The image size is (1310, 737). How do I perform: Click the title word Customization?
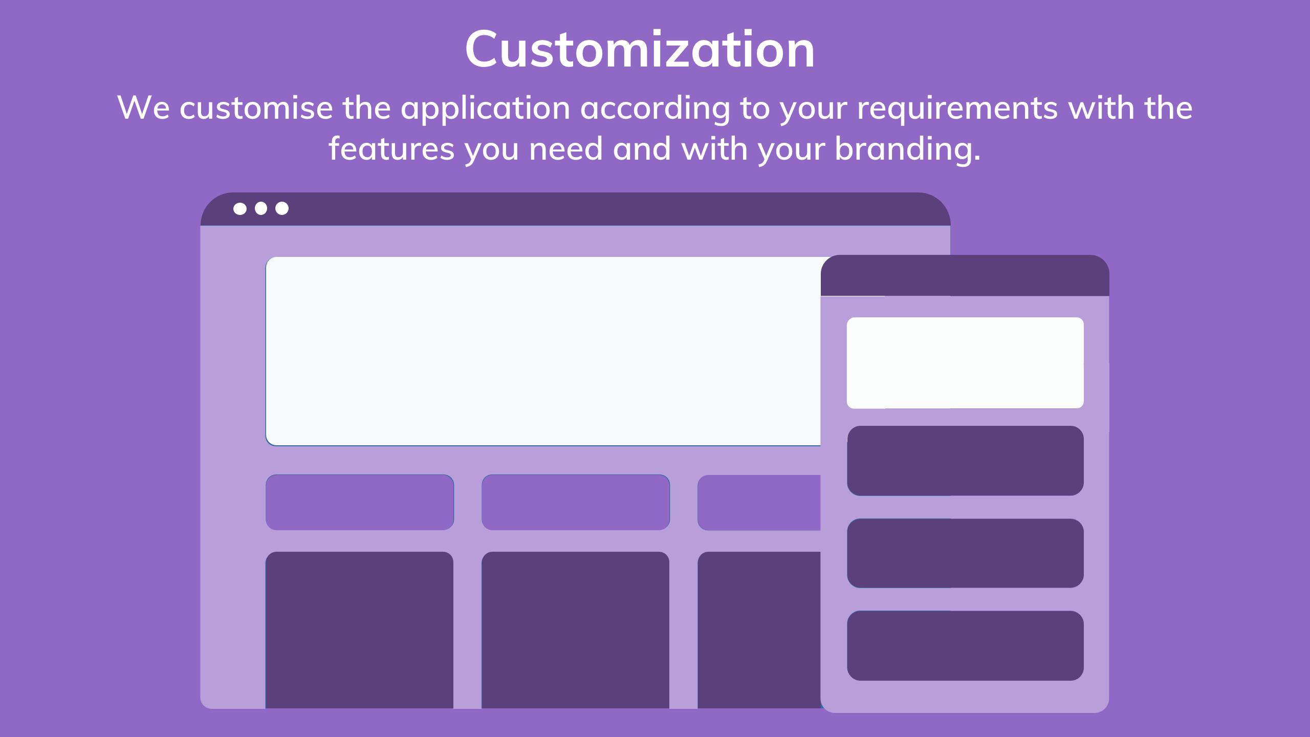[x=640, y=49]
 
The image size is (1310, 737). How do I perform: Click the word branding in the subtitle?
[x=907, y=149]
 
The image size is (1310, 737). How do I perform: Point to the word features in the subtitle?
[x=391, y=149]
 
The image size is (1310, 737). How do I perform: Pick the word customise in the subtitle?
[x=256, y=108]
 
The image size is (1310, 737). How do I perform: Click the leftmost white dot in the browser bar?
[x=240, y=209]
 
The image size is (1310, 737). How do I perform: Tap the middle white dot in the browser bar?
[x=261, y=209]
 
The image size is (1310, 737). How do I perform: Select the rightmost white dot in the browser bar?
[x=282, y=209]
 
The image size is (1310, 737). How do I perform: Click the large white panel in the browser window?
[x=543, y=351]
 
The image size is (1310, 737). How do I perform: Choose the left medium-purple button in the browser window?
[x=360, y=502]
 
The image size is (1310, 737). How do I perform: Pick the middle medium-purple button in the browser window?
[x=576, y=502]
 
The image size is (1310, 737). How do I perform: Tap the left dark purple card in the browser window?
[x=359, y=630]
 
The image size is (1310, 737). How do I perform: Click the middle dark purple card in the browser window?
[x=575, y=630]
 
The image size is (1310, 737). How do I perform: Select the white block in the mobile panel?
[x=965, y=363]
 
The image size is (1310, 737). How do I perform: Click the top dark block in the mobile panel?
[x=965, y=461]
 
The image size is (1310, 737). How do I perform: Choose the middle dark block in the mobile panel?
[x=965, y=553]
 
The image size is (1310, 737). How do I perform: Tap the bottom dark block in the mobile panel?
[x=965, y=645]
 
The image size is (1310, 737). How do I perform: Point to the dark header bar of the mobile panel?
[x=965, y=275]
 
